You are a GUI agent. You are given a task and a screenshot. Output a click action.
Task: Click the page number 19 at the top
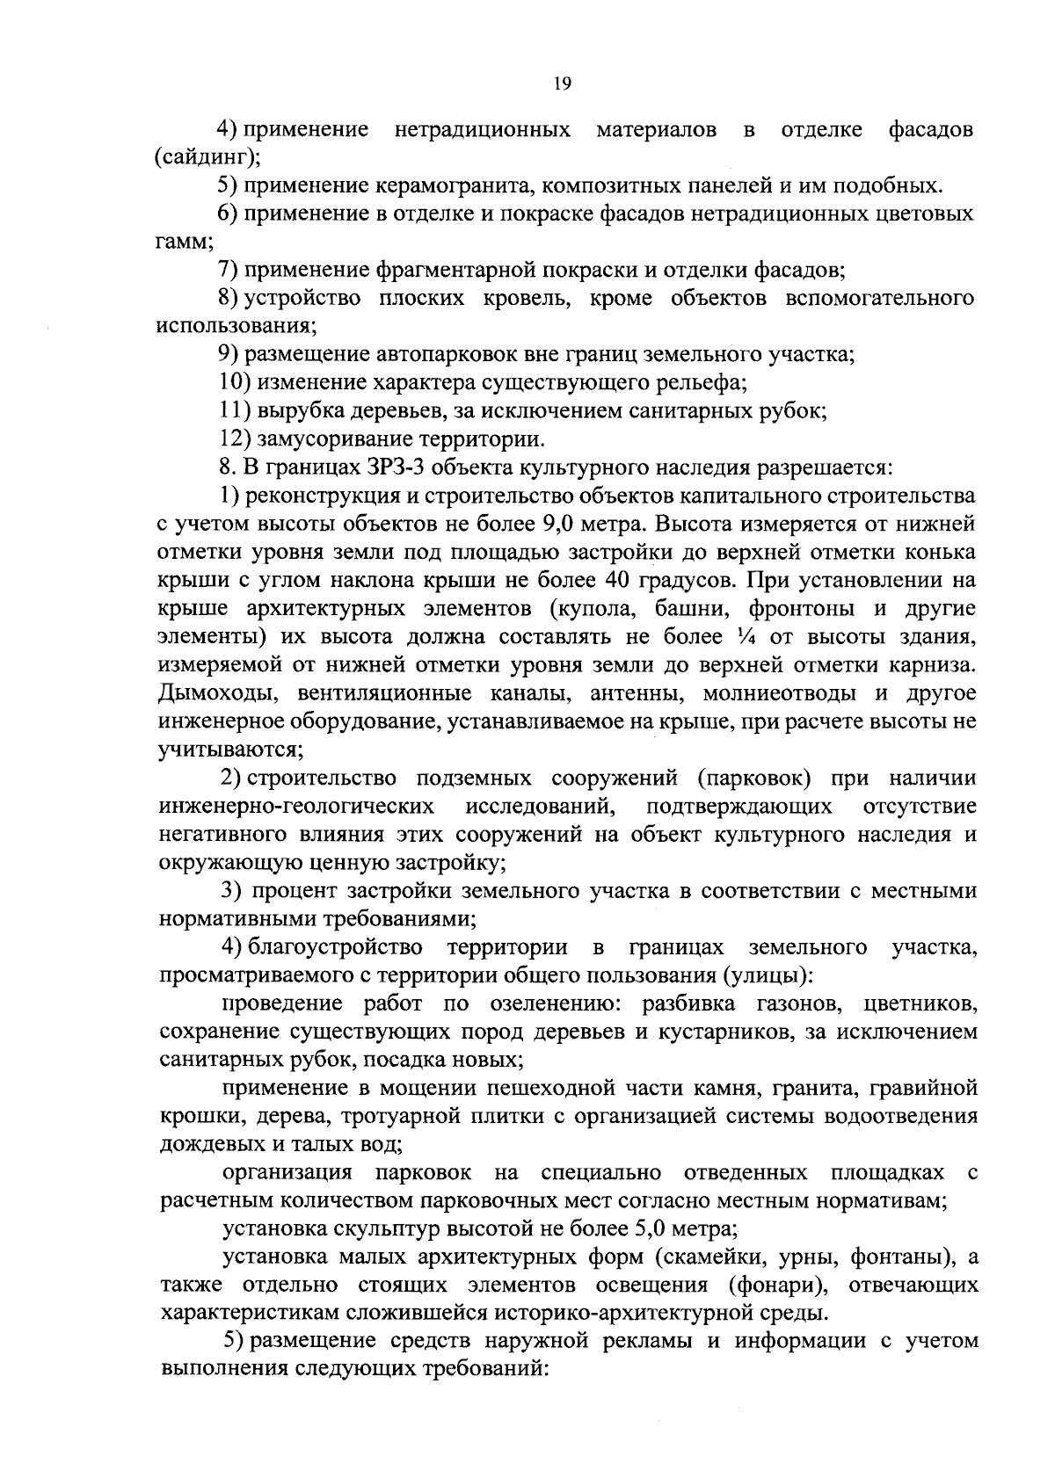pos(563,83)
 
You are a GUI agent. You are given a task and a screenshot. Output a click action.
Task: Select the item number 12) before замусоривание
pos(233,438)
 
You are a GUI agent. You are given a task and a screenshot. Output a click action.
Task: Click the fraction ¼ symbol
pos(744,638)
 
